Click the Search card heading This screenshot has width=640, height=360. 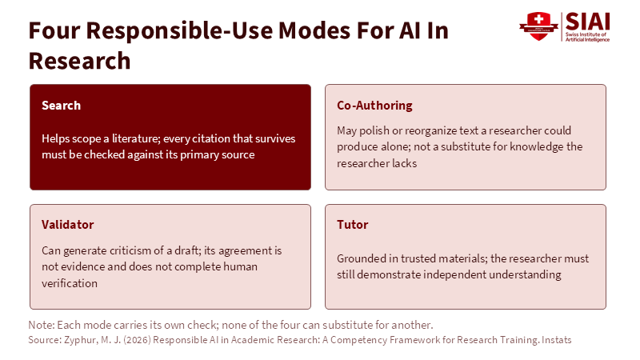click(62, 106)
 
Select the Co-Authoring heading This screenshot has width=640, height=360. click(374, 106)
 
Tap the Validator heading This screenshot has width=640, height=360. click(68, 225)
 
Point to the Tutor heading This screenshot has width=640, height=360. click(353, 225)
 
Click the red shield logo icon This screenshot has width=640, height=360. click(538, 26)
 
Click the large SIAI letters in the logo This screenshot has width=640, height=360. click(588, 22)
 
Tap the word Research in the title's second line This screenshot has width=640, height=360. click(79, 61)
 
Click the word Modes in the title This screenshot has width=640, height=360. click(314, 30)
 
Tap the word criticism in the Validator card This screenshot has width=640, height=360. click(126, 250)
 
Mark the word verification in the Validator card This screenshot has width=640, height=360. click(70, 283)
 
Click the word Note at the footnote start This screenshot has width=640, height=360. click(42, 325)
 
